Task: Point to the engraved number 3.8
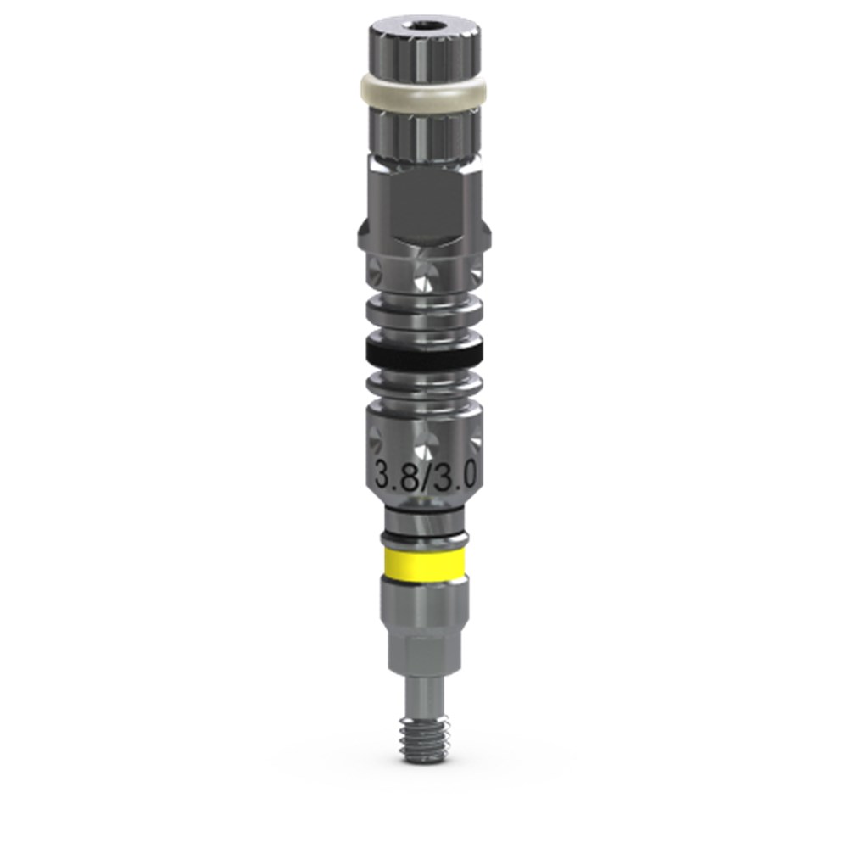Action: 393,476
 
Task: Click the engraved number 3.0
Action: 456,476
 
